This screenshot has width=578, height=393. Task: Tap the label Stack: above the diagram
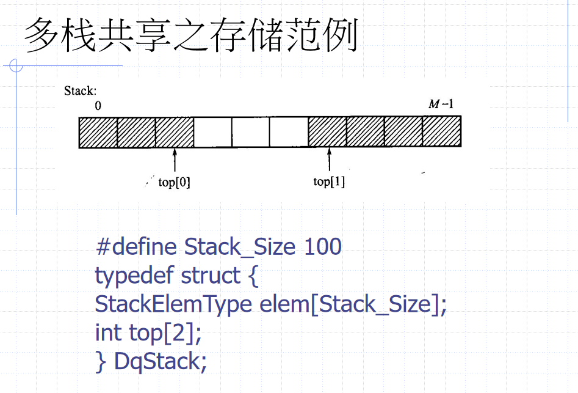[x=80, y=91]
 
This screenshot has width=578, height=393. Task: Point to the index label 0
[x=98, y=105]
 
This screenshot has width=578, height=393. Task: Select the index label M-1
[x=441, y=104]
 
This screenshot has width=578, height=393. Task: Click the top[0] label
[x=174, y=182]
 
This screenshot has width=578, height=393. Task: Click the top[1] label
[x=329, y=182]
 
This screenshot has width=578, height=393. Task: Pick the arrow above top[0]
[x=175, y=160]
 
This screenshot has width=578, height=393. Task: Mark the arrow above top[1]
[x=330, y=160]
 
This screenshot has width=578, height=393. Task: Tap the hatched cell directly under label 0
[x=98, y=131]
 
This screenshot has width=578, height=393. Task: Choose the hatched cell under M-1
[x=441, y=131]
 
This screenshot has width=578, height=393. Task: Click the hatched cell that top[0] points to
[x=175, y=131]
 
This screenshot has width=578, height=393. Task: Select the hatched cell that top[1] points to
[x=327, y=131]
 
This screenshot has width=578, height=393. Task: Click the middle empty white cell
[x=250, y=131]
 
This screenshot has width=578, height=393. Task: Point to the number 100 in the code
[x=322, y=247]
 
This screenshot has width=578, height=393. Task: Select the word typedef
[x=134, y=276]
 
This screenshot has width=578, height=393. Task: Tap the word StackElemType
[x=173, y=304]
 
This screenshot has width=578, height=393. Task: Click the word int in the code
[x=109, y=332]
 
